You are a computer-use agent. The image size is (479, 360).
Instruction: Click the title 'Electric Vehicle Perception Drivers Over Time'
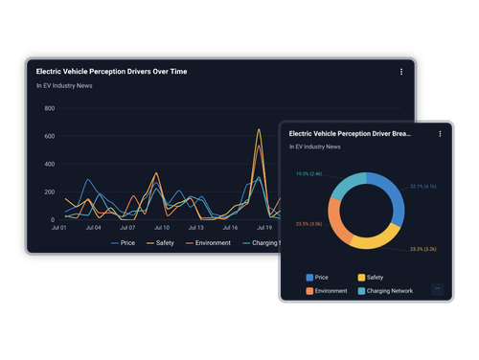pyautogui.click(x=110, y=71)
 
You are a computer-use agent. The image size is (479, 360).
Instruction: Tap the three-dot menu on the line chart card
pyautogui.click(x=400, y=71)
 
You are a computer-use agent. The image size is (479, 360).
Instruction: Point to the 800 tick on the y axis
pyautogui.click(x=49, y=108)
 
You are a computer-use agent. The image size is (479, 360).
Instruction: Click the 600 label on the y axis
pyautogui.click(x=49, y=136)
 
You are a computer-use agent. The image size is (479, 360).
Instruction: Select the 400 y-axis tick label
pyautogui.click(x=49, y=164)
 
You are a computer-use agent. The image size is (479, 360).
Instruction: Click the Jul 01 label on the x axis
pyautogui.click(x=57, y=228)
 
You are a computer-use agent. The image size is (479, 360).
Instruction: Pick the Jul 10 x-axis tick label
pyautogui.click(x=161, y=228)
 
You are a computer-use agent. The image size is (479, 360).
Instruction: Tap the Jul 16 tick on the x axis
pyautogui.click(x=230, y=228)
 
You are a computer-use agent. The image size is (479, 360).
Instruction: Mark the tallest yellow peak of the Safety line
pyautogui.click(x=259, y=130)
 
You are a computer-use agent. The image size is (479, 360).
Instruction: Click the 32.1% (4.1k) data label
pyautogui.click(x=422, y=186)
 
